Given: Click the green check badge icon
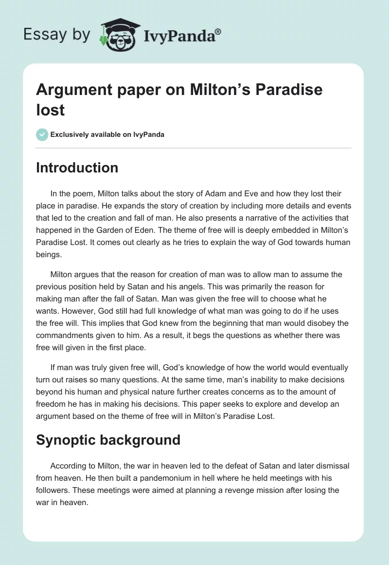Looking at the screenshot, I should click(x=42, y=134).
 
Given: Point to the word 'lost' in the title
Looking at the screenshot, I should click(x=51, y=110).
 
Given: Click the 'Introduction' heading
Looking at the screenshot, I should click(x=77, y=168).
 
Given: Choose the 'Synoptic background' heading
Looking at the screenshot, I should click(x=108, y=440).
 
